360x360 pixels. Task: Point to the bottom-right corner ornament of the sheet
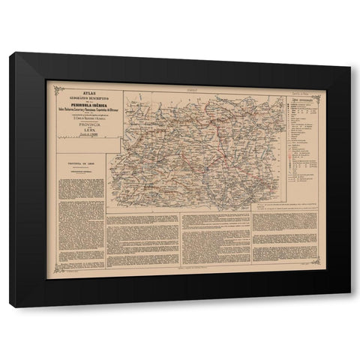click(317, 263)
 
